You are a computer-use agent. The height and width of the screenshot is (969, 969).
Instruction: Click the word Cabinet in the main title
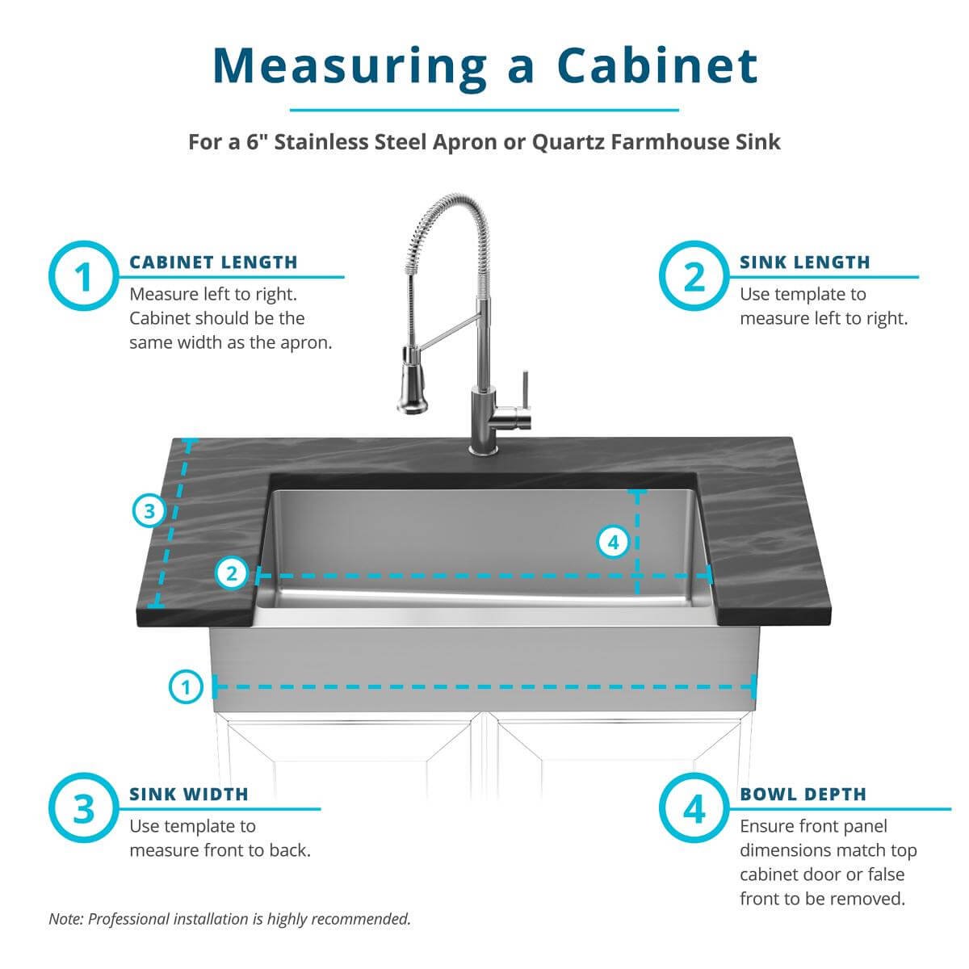657,65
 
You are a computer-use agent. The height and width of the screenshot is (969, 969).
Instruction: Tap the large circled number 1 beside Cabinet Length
84,277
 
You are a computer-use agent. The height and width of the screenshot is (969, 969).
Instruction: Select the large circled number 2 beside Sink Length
694,277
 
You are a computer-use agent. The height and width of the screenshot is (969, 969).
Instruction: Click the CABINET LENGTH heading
213,262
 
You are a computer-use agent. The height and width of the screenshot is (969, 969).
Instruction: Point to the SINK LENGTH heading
804,262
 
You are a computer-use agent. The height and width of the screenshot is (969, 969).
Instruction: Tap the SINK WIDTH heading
189,795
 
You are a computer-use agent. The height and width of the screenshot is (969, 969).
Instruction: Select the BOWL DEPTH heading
803,795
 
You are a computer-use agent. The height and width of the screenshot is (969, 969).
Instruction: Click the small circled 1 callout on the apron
186,688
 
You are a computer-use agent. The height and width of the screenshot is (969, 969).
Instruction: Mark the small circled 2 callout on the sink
232,574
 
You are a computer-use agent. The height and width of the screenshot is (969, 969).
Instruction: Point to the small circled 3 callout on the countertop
149,511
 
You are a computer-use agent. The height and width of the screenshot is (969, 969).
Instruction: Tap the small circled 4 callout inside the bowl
613,542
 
